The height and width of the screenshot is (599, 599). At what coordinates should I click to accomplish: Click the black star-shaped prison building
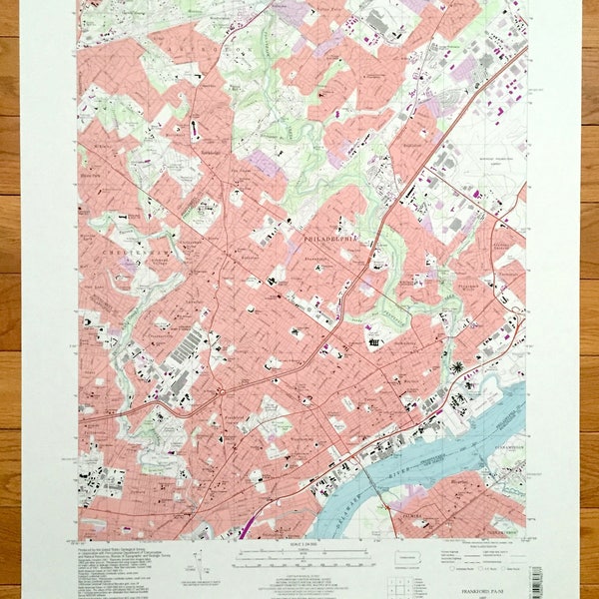tap(457, 368)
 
